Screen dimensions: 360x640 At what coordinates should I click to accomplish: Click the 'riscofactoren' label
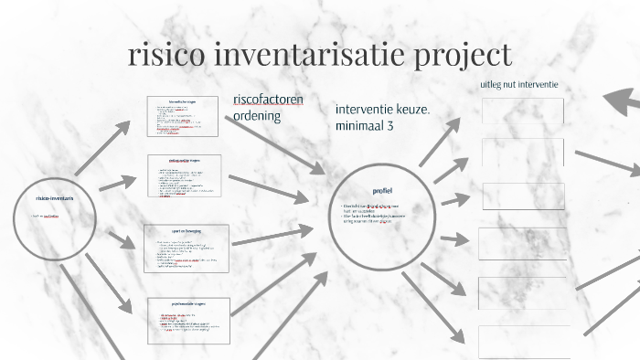[269, 99]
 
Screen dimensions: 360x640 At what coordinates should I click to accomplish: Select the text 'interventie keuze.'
[382, 109]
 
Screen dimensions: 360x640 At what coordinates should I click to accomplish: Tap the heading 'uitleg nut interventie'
[519, 85]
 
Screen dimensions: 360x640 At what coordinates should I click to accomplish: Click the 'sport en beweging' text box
[186, 249]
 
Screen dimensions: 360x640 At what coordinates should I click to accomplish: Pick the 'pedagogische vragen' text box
[186, 175]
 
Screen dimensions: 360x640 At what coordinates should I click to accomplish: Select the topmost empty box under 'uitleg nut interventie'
[522, 111]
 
